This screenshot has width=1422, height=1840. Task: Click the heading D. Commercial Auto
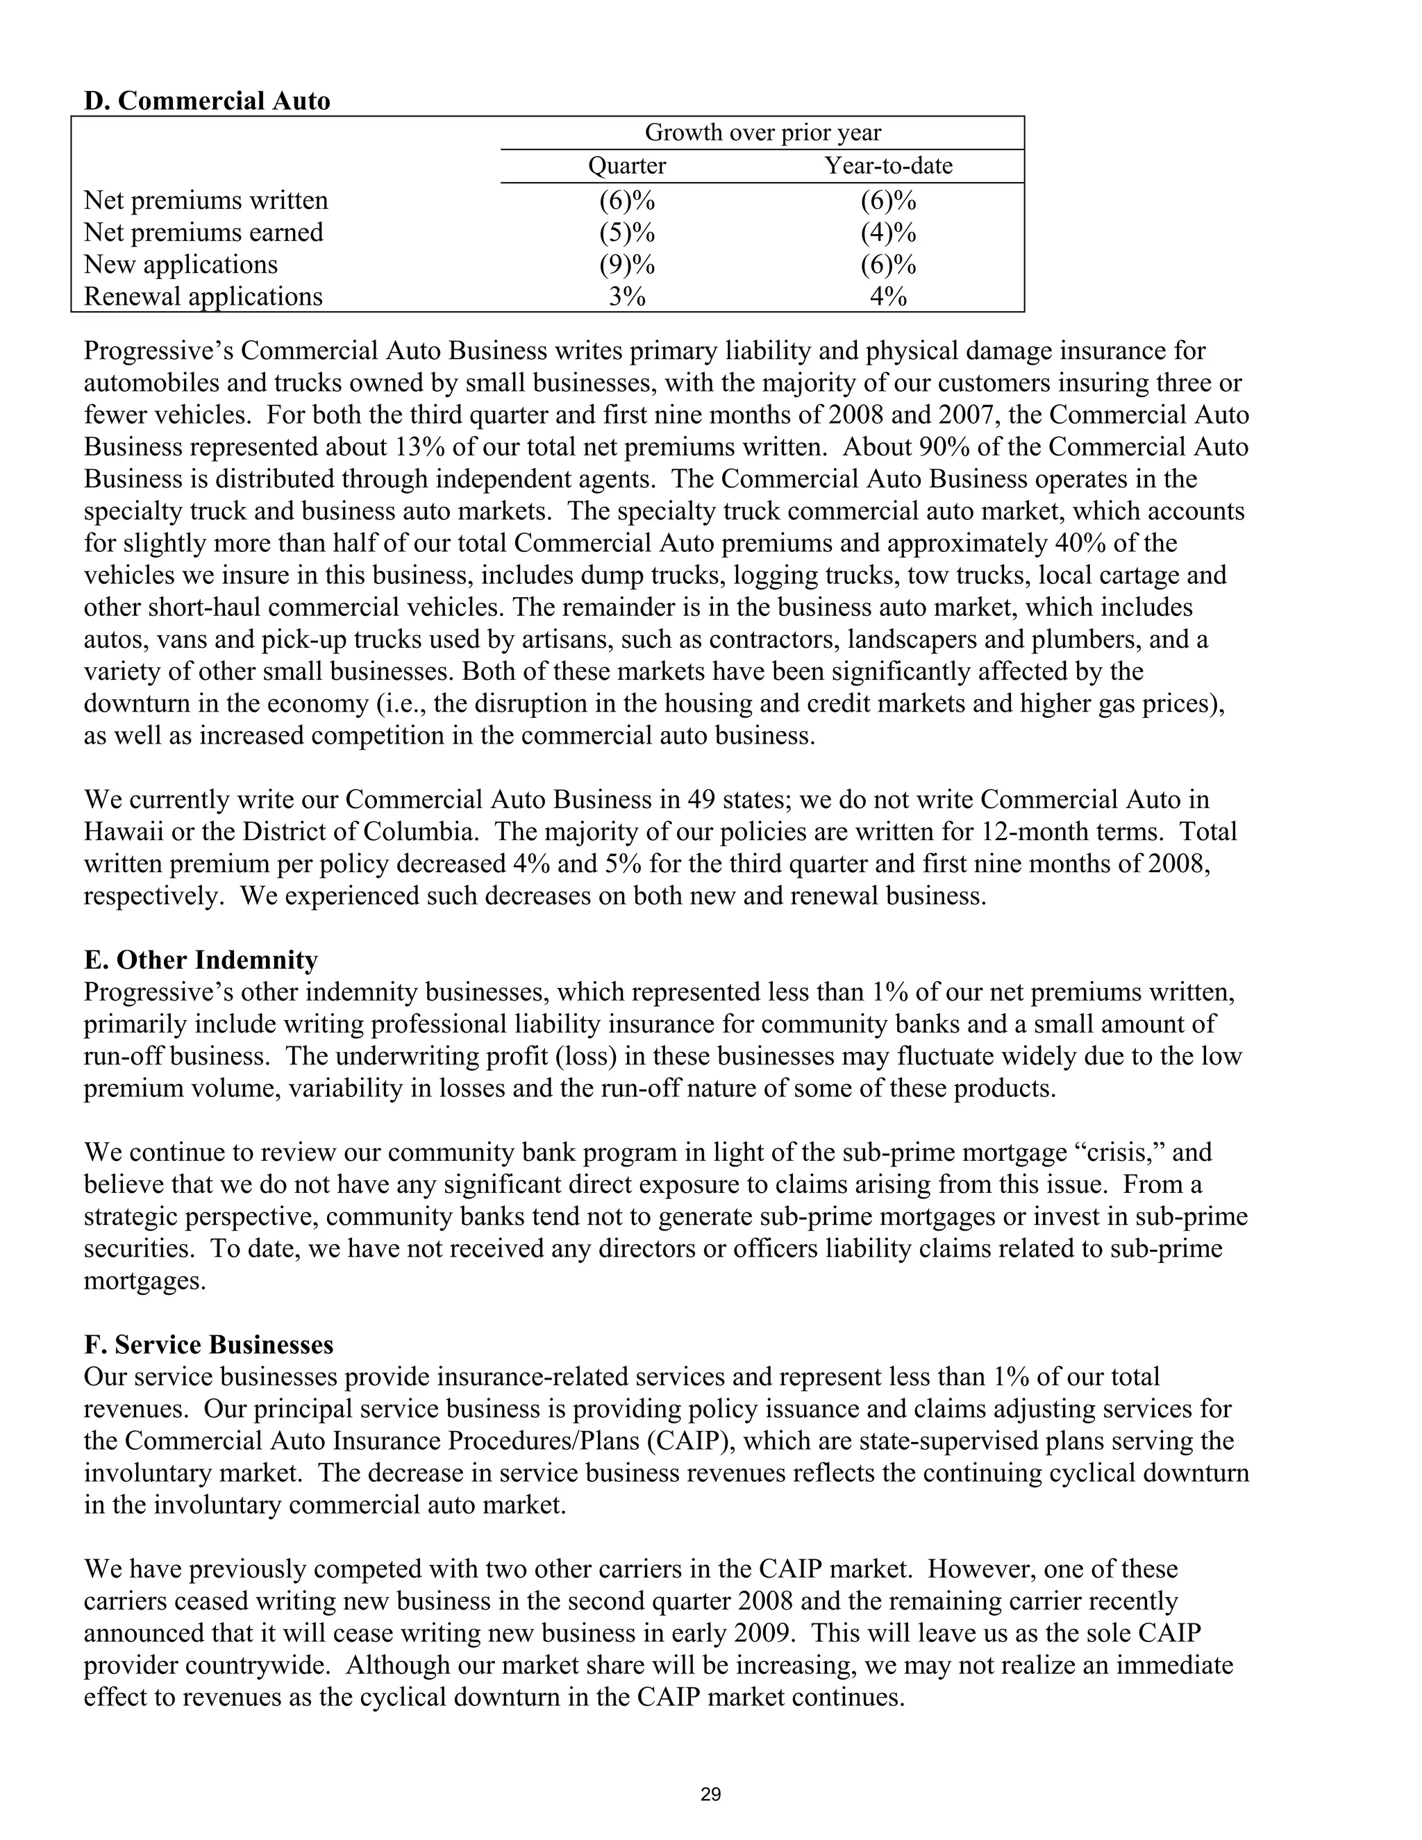tap(206, 101)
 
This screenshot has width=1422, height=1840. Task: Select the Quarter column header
tap(627, 166)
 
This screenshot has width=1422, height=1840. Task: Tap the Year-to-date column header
tap(888, 166)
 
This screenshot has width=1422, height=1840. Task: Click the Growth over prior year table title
tap(762, 133)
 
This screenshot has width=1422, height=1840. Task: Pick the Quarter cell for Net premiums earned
tap(627, 233)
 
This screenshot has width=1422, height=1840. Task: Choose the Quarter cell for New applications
tap(627, 265)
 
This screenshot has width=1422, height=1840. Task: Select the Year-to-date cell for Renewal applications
tap(888, 296)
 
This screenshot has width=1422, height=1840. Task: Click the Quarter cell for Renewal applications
tap(627, 296)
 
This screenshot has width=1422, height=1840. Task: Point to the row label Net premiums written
tap(206, 201)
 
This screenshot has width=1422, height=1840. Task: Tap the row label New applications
tap(181, 265)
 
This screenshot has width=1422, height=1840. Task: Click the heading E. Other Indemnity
tap(201, 960)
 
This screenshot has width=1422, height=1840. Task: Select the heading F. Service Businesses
tap(208, 1345)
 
